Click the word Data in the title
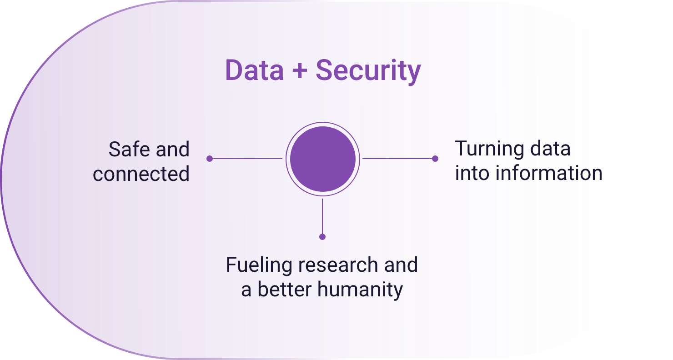click(255, 70)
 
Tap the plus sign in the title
click(300, 71)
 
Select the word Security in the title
click(368, 71)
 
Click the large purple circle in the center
click(323, 159)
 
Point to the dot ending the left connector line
click(210, 159)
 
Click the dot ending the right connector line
click(435, 159)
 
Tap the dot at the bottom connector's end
click(322, 237)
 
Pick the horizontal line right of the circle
click(399, 159)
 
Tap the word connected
click(141, 174)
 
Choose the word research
click(338, 265)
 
